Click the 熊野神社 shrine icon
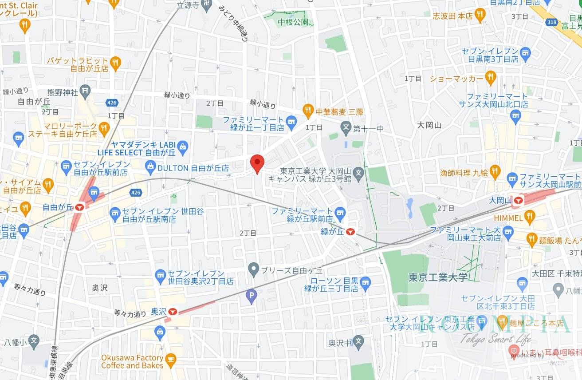pos(86,92)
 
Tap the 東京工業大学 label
pos(438,277)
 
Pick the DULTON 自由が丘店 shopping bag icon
pos(151,168)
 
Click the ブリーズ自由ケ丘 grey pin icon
pos(253,269)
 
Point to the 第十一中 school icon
pos(346,129)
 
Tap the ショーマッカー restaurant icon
pos(490,78)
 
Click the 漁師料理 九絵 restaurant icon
pos(495,172)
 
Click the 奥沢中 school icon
pos(359,342)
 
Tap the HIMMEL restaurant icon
pos(529,218)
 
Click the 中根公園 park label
pos(293,21)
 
